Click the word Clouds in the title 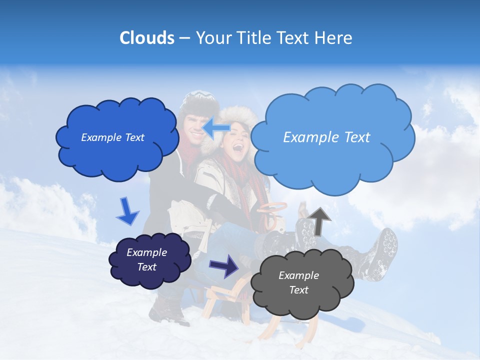click(x=146, y=38)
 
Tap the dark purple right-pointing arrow click(x=224, y=265)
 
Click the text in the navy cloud click(x=147, y=259)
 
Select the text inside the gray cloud click(x=298, y=282)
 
